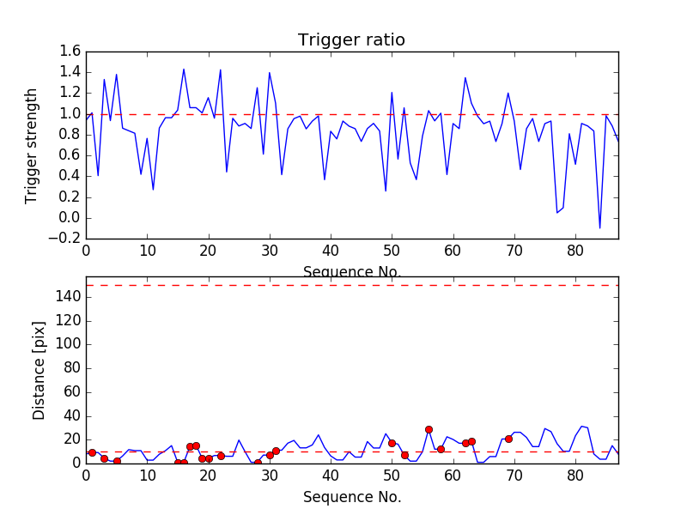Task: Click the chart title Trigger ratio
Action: tap(351, 40)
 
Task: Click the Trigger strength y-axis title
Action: tap(32, 146)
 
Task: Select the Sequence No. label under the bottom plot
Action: tap(352, 497)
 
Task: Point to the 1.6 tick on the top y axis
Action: tap(71, 51)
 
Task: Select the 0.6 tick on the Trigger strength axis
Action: tap(71, 155)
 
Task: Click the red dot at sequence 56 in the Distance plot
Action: tap(429, 429)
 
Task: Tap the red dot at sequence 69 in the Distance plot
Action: tap(508, 439)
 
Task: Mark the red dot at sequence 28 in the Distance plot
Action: tap(258, 463)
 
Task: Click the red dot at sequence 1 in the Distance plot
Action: tap(92, 452)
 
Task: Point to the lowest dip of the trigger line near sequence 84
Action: tap(599, 227)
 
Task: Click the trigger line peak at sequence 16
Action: tap(184, 70)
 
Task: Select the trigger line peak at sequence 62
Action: tap(465, 78)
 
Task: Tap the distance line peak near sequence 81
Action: tap(581, 426)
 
